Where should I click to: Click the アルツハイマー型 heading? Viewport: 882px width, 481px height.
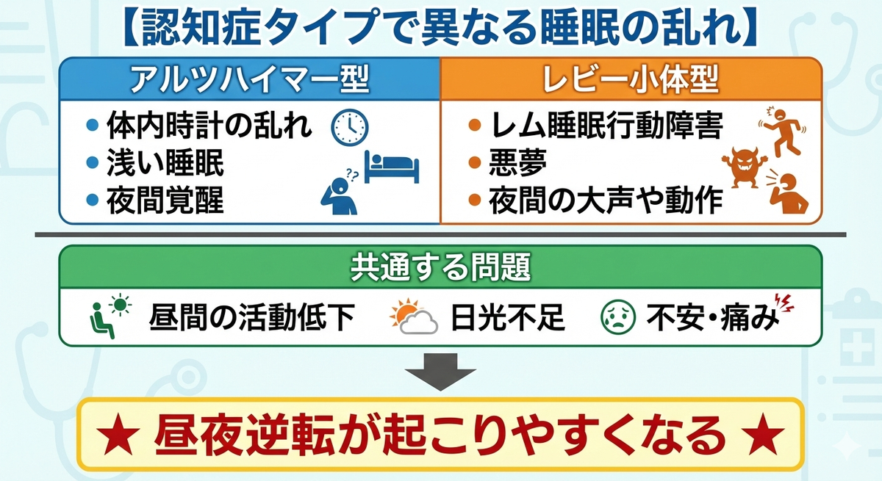coord(249,79)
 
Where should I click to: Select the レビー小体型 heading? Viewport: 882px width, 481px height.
coord(631,79)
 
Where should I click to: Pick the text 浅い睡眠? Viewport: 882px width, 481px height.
coord(165,164)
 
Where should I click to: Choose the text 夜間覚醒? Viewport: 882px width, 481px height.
coord(165,200)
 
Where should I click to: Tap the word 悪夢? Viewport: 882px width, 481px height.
coord(518,164)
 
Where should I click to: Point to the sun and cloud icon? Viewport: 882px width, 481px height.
coord(411,317)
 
